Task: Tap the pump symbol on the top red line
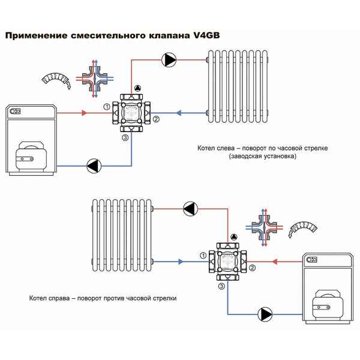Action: point(169,59)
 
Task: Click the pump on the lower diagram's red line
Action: point(190,208)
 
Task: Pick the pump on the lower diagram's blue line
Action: point(265,314)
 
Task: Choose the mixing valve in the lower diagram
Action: point(228,260)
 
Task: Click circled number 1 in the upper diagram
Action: point(106,107)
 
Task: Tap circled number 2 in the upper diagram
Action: point(155,119)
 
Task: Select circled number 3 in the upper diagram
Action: point(125,138)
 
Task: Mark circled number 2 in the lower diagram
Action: point(253,268)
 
